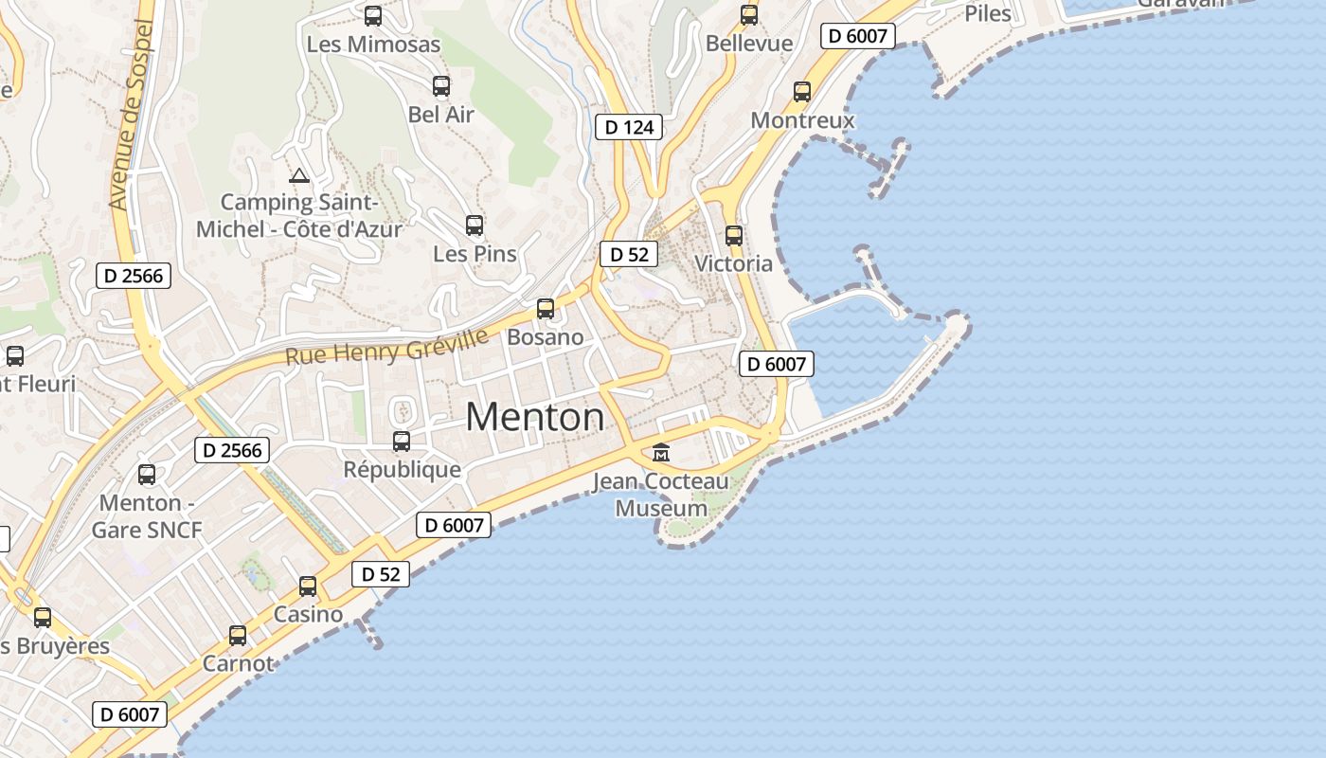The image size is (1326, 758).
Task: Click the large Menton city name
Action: click(x=535, y=417)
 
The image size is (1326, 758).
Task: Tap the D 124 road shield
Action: click(x=629, y=127)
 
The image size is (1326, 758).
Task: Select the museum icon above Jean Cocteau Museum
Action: click(x=661, y=452)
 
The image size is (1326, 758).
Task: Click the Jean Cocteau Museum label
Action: click(x=662, y=495)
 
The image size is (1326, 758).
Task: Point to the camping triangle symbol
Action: click(x=299, y=175)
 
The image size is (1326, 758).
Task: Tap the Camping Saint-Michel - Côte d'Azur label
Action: click(x=299, y=215)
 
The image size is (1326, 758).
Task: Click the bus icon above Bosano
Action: click(x=546, y=308)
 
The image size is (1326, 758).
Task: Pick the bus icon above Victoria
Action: click(x=734, y=235)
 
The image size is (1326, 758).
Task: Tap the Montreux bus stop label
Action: click(x=802, y=120)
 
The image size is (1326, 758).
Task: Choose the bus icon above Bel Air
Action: click(x=441, y=86)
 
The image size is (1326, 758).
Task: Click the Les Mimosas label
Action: click(x=373, y=44)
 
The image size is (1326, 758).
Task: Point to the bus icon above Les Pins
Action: click(x=475, y=226)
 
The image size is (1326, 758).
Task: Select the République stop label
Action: click(x=402, y=469)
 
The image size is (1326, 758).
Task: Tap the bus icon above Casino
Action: click(x=308, y=586)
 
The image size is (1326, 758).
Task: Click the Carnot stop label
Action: click(x=238, y=663)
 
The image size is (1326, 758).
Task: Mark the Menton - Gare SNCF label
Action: click(x=147, y=516)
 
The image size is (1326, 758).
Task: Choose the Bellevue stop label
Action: click(x=749, y=44)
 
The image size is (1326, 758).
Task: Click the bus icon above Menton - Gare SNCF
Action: click(x=147, y=474)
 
